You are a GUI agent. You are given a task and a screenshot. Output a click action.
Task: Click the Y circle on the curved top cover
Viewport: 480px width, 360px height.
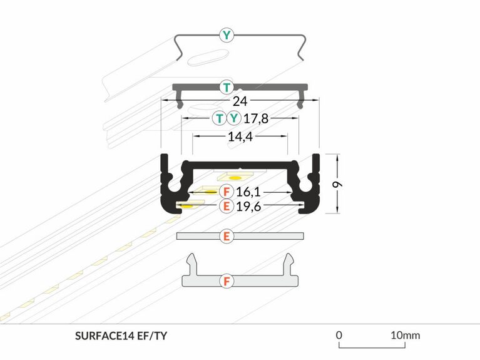227,35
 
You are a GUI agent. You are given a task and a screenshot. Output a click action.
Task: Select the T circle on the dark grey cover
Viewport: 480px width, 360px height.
227,86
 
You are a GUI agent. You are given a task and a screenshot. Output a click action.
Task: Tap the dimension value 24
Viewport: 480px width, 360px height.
240,101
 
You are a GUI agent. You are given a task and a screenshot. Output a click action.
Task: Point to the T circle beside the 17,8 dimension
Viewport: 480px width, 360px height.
219,118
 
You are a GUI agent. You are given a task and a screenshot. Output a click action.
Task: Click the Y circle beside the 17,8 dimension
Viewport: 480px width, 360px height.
233,118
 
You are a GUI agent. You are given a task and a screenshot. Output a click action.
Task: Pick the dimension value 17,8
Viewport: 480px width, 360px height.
256,118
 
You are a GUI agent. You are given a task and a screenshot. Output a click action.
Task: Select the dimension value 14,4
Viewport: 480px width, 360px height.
240,137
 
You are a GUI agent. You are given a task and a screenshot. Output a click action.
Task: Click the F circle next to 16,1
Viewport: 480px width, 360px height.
227,192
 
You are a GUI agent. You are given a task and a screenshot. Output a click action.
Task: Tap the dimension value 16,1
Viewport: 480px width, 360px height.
248,192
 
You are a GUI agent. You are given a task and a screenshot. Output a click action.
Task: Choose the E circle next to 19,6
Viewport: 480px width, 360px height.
227,206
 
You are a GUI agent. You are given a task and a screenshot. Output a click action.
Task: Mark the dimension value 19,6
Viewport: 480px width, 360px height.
248,206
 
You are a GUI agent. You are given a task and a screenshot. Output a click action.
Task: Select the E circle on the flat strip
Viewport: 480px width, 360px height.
227,236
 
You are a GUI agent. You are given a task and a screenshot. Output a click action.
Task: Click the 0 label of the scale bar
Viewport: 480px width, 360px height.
339,335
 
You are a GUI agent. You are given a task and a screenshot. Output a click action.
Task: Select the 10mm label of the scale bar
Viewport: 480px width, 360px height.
405,335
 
